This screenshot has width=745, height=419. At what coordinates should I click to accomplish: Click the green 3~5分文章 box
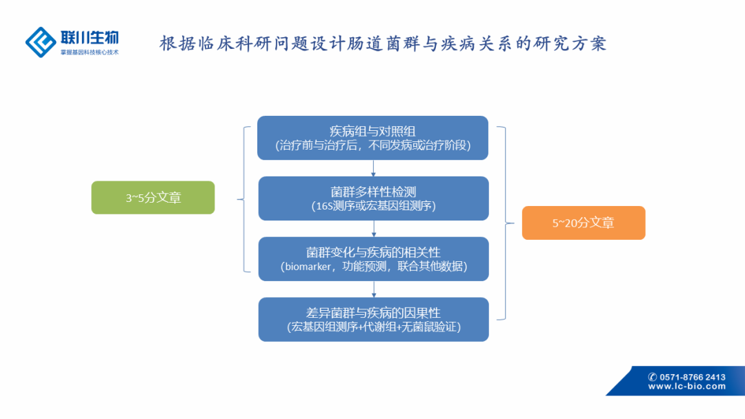[x=153, y=198]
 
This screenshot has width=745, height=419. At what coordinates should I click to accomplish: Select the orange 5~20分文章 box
[x=583, y=223]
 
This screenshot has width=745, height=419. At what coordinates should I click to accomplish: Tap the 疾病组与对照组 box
[x=372, y=138]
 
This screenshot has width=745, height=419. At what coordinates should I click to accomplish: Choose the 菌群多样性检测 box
[x=373, y=198]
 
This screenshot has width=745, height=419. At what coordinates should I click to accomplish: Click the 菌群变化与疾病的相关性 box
[x=373, y=259]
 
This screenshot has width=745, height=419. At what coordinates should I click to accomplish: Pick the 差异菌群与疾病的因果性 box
[x=373, y=320]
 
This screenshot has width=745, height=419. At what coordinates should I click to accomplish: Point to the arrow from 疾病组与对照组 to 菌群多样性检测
[x=373, y=167]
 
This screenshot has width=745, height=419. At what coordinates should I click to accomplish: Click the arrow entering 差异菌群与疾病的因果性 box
[x=373, y=289]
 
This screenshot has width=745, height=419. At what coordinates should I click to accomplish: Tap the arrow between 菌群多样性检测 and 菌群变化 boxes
[x=373, y=228]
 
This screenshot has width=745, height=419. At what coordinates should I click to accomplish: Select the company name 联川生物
[x=89, y=37]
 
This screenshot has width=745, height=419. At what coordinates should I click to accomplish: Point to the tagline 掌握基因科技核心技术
[x=89, y=52]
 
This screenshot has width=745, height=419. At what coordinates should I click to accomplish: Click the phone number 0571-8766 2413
[x=693, y=377]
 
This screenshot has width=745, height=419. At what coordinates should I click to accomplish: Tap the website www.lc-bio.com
[x=686, y=387]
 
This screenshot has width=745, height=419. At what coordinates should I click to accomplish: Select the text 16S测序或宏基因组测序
[x=373, y=206]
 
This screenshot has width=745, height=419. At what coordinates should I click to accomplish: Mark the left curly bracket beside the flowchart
[x=244, y=199]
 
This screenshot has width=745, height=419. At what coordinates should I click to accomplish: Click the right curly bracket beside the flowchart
[x=506, y=223]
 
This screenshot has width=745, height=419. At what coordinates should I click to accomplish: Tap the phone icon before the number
[x=653, y=377]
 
